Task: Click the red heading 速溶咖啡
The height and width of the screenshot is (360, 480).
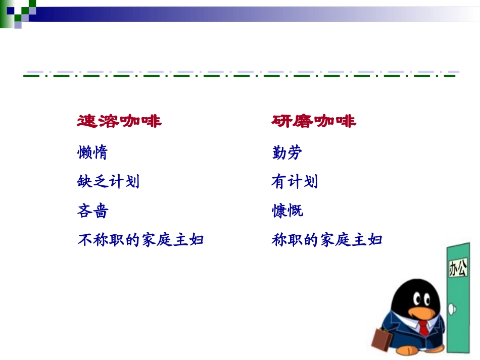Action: (119, 121)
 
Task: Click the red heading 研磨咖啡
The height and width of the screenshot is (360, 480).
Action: (313, 121)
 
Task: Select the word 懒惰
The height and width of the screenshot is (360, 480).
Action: (92, 152)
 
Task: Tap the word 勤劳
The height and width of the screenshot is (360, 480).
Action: (286, 152)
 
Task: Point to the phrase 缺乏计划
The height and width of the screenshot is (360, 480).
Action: (108, 181)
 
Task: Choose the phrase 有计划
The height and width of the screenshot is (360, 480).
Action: (294, 181)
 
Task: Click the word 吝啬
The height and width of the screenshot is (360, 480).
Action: (92, 211)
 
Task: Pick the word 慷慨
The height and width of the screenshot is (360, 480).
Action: (287, 211)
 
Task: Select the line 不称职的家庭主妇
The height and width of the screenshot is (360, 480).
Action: (140, 240)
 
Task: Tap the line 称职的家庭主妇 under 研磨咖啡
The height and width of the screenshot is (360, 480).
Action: (326, 240)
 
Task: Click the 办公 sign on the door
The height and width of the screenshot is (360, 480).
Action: (458, 268)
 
